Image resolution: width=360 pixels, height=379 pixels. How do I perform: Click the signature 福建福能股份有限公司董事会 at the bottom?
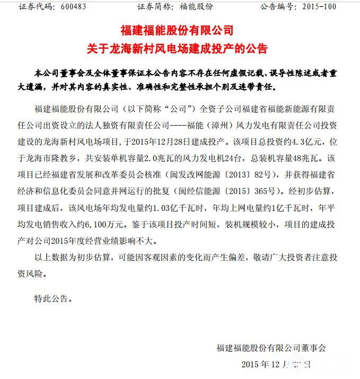tap(271, 348)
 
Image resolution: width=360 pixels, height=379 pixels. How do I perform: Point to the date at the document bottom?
tap(276, 364)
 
